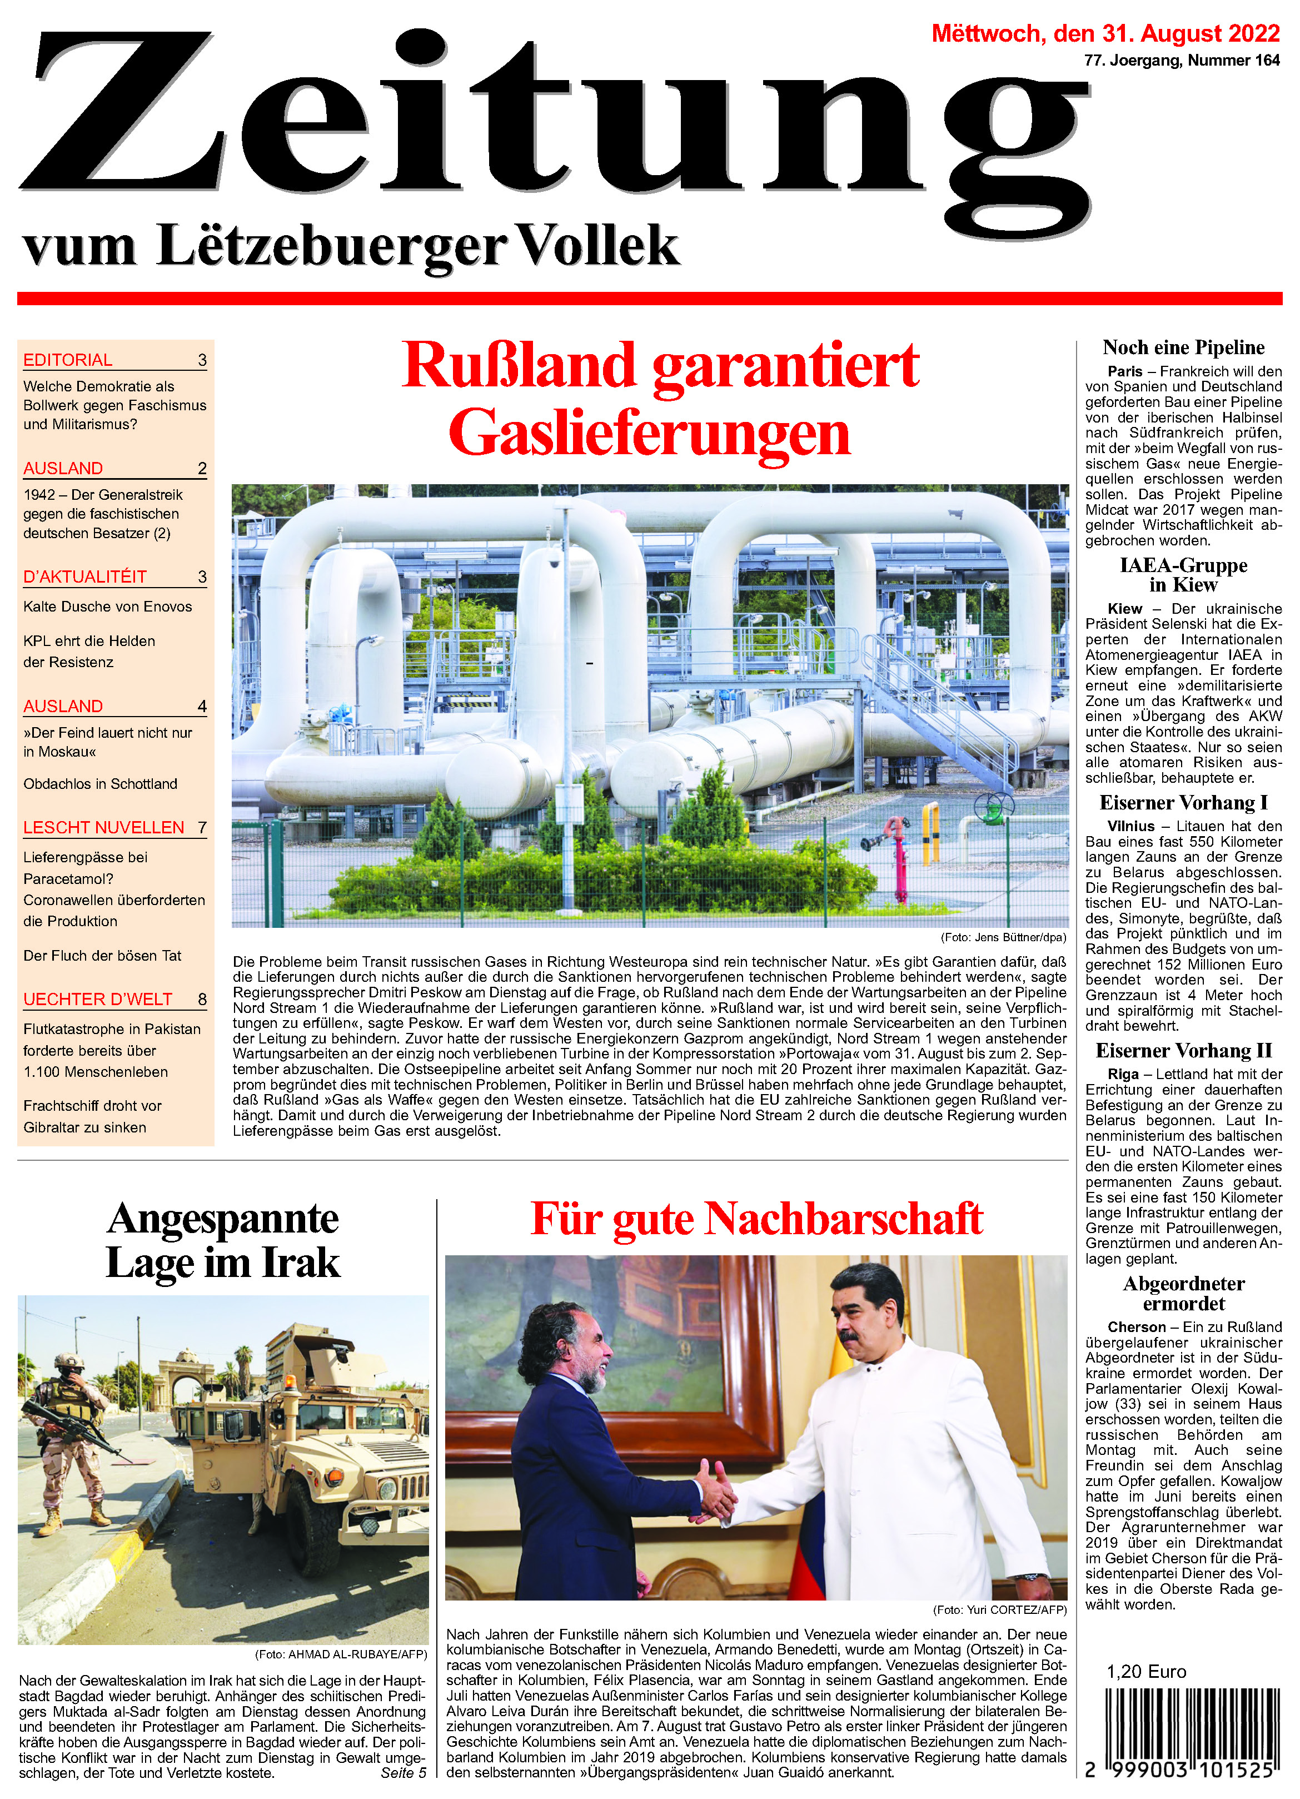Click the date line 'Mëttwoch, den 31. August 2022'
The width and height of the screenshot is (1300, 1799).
[x=1105, y=33]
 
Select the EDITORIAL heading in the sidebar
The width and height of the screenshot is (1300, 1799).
[x=68, y=360]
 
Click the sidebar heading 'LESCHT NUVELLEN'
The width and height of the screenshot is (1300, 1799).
[x=104, y=827]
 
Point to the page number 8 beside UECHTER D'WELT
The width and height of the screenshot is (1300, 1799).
[x=202, y=1000]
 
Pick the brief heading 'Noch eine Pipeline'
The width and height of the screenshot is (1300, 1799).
[x=1183, y=347]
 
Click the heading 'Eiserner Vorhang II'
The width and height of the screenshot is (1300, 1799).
[x=1183, y=1050]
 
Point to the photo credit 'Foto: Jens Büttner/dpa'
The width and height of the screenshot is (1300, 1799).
[x=1003, y=937]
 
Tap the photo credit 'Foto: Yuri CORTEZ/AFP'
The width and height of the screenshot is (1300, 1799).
[x=999, y=1610]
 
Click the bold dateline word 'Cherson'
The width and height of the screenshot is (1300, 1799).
[x=1137, y=1327]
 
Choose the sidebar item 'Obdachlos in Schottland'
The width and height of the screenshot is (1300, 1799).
[x=101, y=784]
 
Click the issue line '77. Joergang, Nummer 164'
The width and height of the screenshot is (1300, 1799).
[x=1182, y=60]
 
